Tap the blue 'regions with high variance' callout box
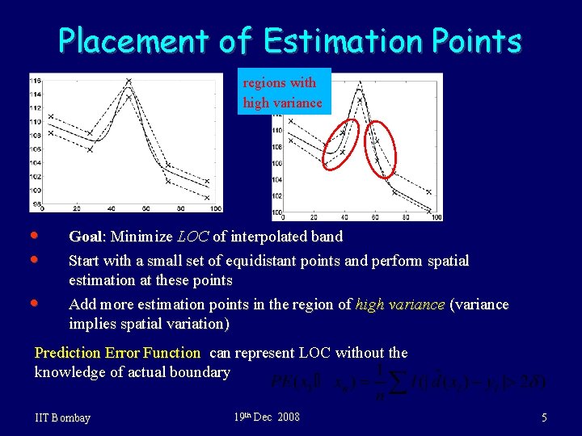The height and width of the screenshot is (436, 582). click(283, 92)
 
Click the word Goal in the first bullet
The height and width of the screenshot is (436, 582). click(85, 237)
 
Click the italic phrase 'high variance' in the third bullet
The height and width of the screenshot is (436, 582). click(400, 304)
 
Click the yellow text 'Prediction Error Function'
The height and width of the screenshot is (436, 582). click(117, 353)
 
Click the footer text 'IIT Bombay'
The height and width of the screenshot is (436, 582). click(63, 417)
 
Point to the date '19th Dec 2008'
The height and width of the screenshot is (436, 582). click(267, 417)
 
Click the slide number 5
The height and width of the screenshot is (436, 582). click(544, 417)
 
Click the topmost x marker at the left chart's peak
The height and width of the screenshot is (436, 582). click(129, 81)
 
